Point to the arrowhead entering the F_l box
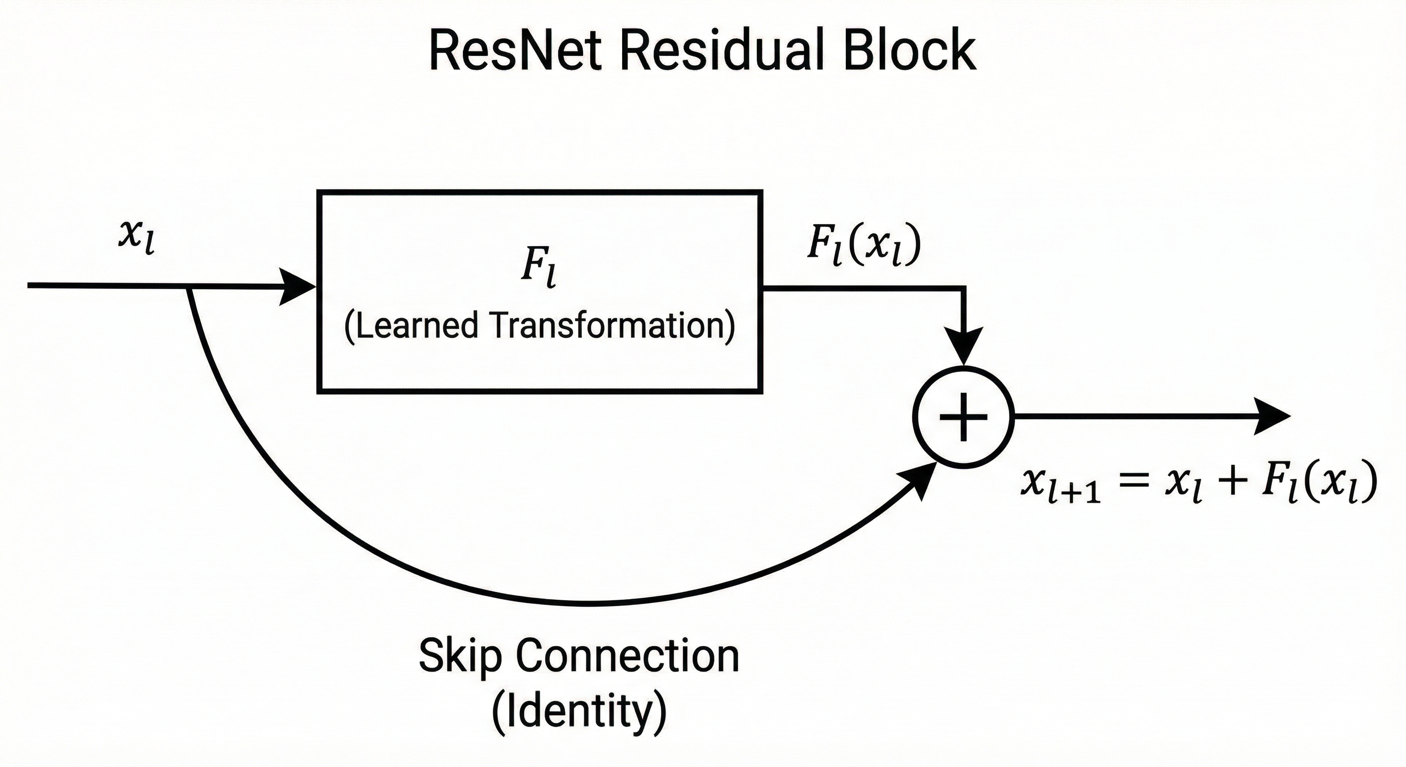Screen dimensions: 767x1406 point(298,286)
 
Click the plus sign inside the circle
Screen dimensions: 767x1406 point(963,417)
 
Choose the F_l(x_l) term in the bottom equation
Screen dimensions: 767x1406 point(1319,484)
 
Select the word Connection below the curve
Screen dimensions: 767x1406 point(628,656)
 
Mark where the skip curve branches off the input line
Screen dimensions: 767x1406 point(189,287)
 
